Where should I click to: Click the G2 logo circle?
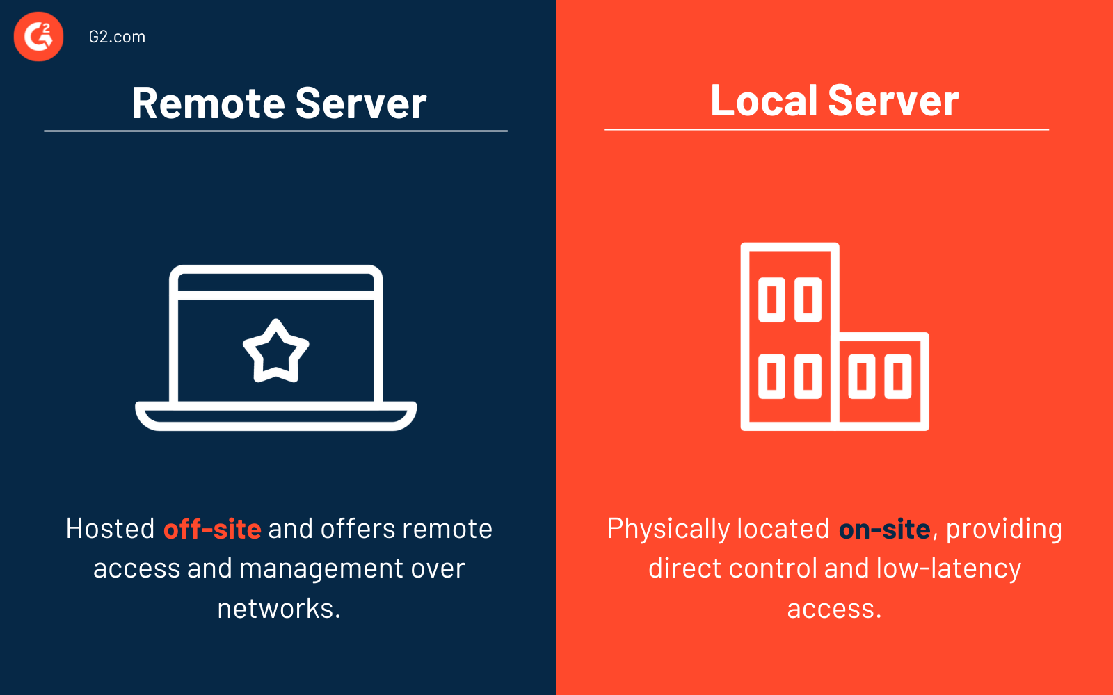(x=39, y=37)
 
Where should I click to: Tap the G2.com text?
(x=117, y=37)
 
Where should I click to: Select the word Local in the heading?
(x=763, y=101)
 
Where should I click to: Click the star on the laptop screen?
(x=276, y=352)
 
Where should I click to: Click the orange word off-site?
(x=212, y=530)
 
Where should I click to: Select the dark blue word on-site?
(x=884, y=530)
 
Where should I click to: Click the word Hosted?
(x=110, y=529)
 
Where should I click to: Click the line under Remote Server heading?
(x=275, y=131)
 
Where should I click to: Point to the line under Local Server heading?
(x=826, y=129)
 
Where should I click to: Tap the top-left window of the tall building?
(x=771, y=300)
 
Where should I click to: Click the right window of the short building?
(x=897, y=377)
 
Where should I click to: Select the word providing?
(x=1004, y=530)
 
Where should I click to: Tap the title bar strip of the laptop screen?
(x=276, y=282)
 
